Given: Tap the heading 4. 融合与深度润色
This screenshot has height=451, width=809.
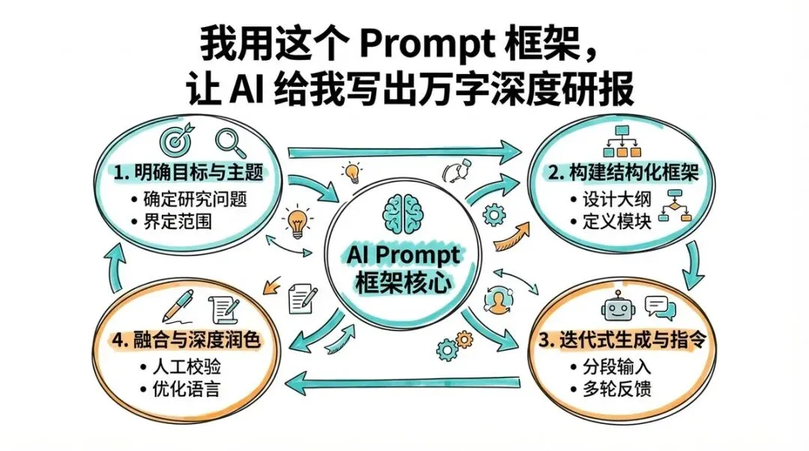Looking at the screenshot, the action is click(x=184, y=341).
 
